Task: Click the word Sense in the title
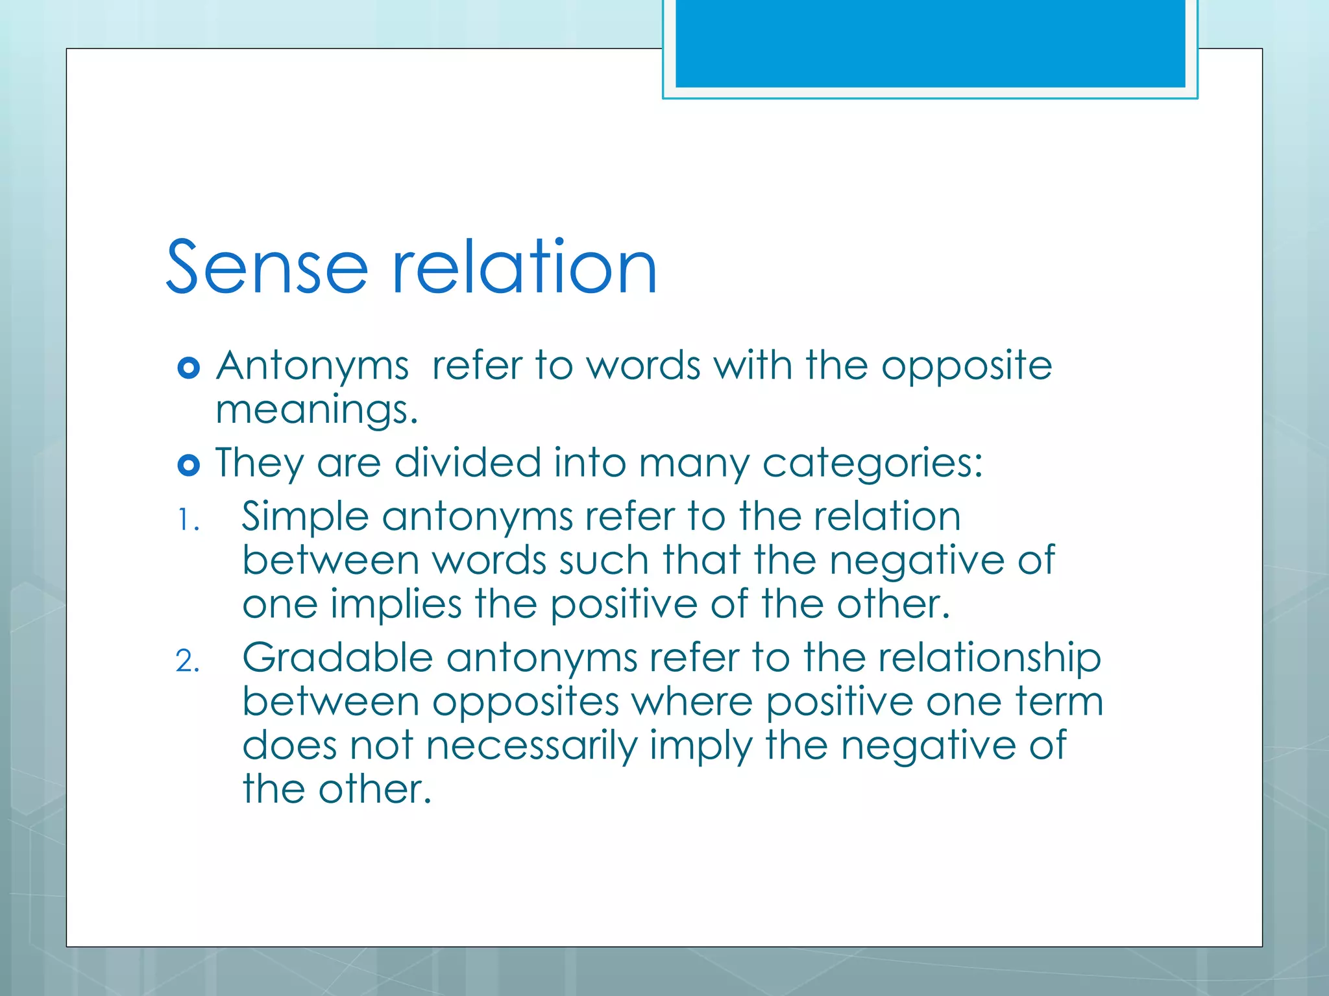[x=267, y=267]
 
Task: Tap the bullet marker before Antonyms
[x=188, y=368]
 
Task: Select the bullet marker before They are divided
[x=188, y=465]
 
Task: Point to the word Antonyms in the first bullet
[x=312, y=366]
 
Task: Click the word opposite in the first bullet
[x=966, y=366]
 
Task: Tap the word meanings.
[x=316, y=411]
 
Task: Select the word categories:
[x=872, y=464]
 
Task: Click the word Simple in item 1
[x=306, y=518]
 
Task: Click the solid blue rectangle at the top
[x=930, y=43]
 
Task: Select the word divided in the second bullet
[x=467, y=463]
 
